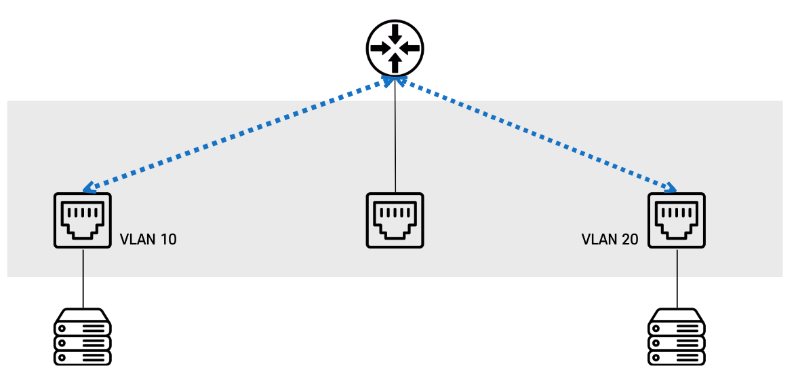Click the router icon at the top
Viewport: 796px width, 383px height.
395,48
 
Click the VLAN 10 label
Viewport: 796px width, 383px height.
148,240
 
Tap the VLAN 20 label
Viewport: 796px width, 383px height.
610,240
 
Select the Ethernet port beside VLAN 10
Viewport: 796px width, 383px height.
83,220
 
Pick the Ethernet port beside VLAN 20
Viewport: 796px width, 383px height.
676,220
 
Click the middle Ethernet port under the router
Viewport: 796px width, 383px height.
395,220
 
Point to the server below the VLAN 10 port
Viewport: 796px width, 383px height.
83,337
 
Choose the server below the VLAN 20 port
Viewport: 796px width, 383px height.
676,337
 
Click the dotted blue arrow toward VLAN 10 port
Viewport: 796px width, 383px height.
237,134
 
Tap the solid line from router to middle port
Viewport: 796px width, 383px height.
395,136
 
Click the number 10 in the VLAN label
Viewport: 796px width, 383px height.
167,240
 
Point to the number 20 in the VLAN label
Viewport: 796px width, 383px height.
629,240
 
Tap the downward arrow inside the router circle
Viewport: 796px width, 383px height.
395,33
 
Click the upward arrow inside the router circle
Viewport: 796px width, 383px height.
395,63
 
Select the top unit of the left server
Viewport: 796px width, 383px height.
83,318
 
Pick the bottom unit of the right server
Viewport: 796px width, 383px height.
676,357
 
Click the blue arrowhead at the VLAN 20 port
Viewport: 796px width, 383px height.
671,188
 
